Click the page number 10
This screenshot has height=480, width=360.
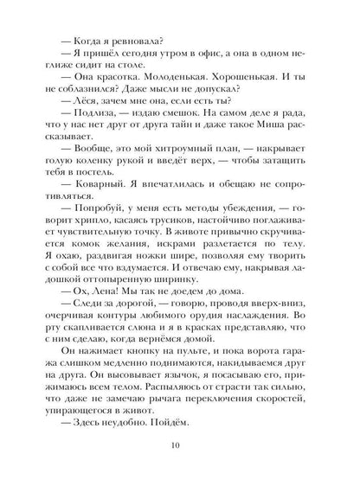[179, 445]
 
